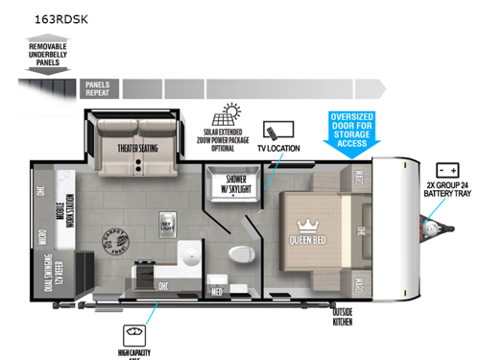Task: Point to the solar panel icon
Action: [x=233, y=114]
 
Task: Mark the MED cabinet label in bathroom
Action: [x=217, y=292]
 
